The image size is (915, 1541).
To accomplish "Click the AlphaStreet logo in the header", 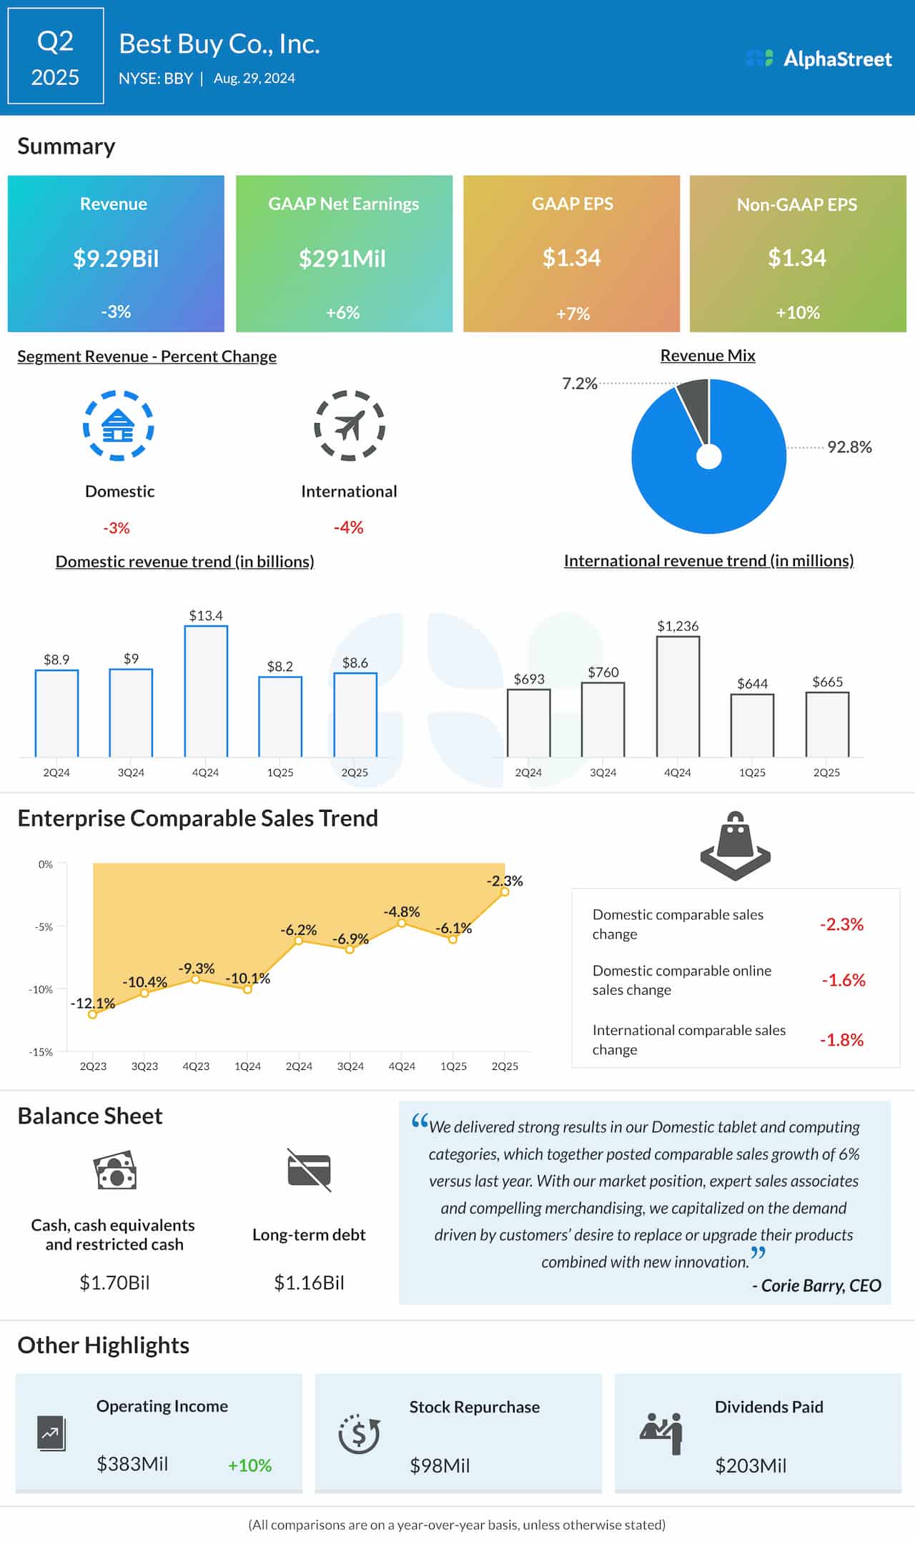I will pos(818,59).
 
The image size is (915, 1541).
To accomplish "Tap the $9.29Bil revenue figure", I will pos(116,258).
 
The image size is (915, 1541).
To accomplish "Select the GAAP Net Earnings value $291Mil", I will pos(342,258).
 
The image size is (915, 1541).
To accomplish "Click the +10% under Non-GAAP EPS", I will pos(798,312).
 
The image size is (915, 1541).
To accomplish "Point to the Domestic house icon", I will pos(119,426).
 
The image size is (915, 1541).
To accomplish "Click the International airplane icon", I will pos(350,426).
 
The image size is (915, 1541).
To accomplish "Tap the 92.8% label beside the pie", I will pos(849,447).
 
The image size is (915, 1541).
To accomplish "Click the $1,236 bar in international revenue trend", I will pos(678,696).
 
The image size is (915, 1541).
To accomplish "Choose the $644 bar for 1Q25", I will pos(752,725).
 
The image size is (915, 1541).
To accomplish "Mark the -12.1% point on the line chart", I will pos(92,1014).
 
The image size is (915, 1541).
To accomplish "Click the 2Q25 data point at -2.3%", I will pos(505,891).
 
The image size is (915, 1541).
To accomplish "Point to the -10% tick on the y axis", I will pos(40,989).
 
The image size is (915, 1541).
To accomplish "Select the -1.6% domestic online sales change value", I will pos(843,980).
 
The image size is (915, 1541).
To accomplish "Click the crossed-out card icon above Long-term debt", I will pos(309,1170).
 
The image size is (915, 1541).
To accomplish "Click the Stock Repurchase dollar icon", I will pos(359,1434).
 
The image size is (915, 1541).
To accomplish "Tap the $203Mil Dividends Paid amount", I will pos(751,1466).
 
